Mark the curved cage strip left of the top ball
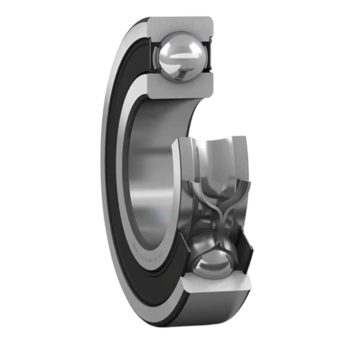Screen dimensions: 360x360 click(x=156, y=58)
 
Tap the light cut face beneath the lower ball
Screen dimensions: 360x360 click(x=216, y=284)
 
